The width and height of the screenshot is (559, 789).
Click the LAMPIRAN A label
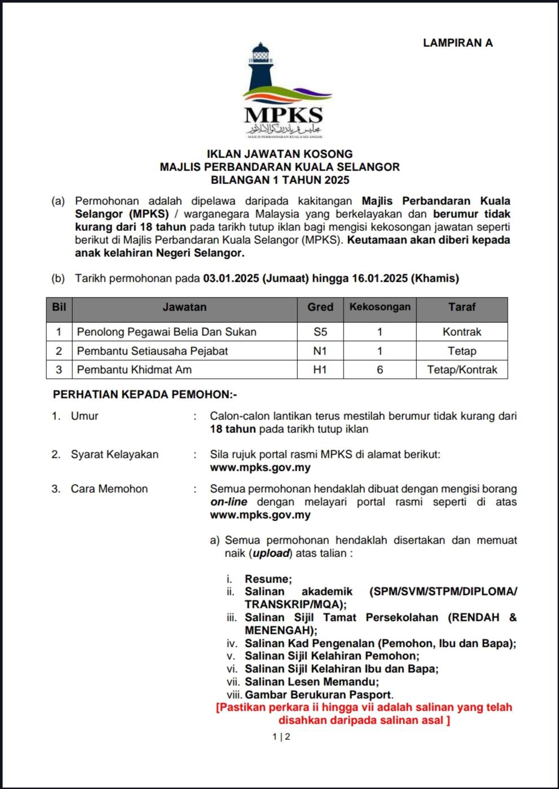[x=457, y=43]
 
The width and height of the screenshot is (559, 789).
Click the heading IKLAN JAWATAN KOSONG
[x=280, y=154]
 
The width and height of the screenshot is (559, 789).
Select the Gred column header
[x=320, y=307]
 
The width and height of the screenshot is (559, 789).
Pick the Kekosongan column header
[x=380, y=307]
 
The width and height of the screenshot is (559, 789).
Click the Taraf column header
[x=462, y=307]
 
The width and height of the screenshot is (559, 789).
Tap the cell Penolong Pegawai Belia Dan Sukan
[x=166, y=332]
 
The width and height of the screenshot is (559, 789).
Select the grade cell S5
[x=320, y=332]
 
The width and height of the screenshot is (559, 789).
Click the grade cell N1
[x=320, y=351]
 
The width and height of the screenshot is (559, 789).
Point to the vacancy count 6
[x=380, y=370]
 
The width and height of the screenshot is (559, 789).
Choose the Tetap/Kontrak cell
[x=462, y=370]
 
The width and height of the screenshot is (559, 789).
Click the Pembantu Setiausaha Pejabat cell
[x=152, y=351]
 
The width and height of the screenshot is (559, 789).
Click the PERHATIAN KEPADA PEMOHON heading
[x=145, y=394]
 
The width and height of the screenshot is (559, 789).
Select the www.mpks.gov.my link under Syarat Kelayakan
[x=260, y=467]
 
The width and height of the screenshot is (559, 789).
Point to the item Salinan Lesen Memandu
[x=311, y=682]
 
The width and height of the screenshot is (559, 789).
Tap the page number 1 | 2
[x=281, y=737]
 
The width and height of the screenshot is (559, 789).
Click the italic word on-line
[x=228, y=502]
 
